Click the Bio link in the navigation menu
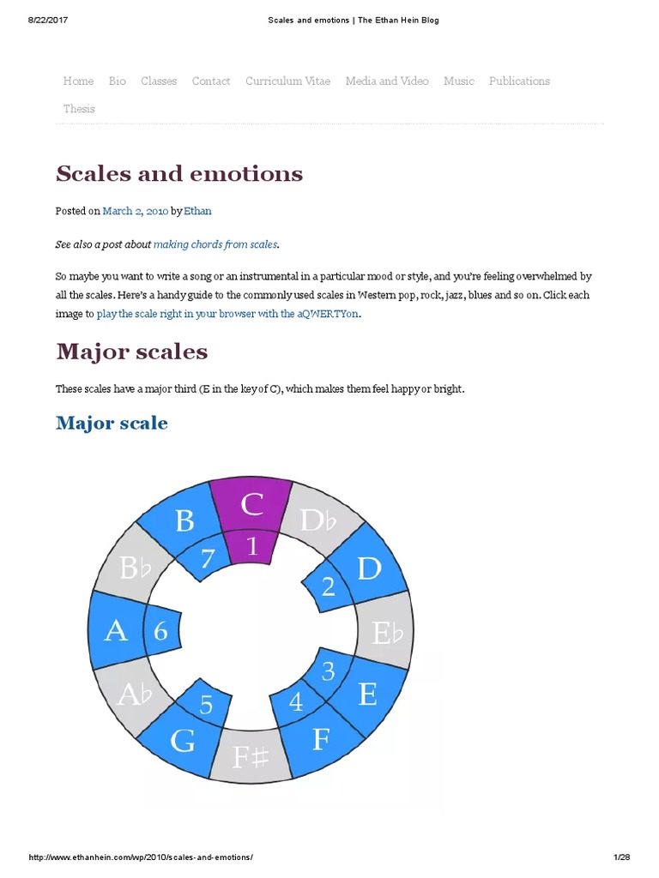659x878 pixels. (x=118, y=81)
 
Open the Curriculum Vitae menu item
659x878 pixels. (x=287, y=81)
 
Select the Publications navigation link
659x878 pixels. (x=519, y=81)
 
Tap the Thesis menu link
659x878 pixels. (x=79, y=109)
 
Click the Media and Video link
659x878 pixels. (x=387, y=81)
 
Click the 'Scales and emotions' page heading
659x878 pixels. (x=179, y=174)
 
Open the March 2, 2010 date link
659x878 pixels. (x=136, y=211)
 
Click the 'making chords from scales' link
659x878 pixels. (x=215, y=244)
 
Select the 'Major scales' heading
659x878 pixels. (x=132, y=352)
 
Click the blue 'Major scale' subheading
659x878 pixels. (x=112, y=423)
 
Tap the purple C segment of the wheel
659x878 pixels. (x=251, y=505)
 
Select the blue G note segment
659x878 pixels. (x=183, y=740)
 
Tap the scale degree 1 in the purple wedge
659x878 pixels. (x=251, y=546)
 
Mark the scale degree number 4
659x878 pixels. (x=296, y=702)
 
